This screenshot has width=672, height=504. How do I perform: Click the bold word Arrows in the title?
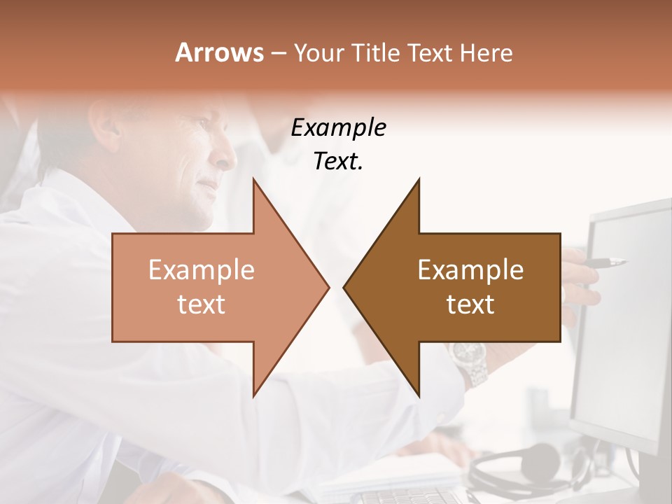[x=220, y=52]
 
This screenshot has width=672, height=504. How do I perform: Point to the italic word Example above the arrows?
[x=338, y=128]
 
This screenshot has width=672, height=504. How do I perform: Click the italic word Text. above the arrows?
[x=338, y=162]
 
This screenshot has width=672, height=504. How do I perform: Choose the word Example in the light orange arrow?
[x=202, y=269]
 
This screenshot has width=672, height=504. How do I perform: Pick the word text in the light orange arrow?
[x=202, y=304]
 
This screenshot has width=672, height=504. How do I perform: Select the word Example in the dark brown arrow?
[x=470, y=269]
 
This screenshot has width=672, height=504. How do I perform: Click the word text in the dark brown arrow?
[x=470, y=304]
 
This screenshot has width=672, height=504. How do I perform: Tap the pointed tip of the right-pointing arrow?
[x=328, y=287]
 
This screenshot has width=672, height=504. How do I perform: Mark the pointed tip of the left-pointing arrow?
[x=345, y=287]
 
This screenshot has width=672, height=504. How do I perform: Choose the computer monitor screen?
[x=623, y=315]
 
